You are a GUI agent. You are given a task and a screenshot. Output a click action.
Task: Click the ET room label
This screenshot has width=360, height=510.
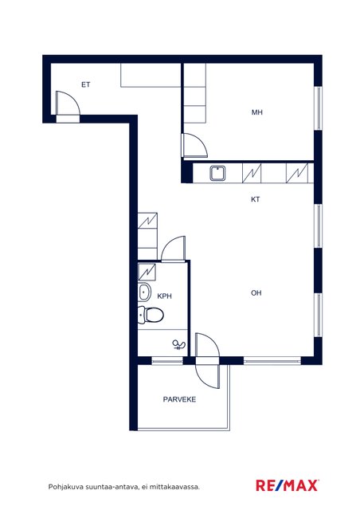85,84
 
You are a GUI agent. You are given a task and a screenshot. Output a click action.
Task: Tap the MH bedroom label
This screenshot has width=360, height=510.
257,112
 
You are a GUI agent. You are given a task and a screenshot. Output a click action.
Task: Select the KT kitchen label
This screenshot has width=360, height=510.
256,199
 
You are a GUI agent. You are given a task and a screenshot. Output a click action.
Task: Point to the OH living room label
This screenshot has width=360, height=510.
256,292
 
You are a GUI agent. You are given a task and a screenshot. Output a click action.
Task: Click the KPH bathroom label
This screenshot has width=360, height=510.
164,296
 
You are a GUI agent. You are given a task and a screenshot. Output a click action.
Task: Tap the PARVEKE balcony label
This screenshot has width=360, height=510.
179,399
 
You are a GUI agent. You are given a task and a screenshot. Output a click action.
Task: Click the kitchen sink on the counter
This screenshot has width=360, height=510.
217,173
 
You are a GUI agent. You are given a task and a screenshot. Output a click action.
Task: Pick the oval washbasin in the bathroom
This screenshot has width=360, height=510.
144,292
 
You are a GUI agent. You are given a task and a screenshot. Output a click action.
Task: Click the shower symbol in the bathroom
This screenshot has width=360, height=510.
178,345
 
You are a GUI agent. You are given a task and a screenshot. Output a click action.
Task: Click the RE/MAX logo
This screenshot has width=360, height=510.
288,485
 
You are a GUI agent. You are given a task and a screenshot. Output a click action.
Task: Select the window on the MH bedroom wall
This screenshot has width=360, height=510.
319,108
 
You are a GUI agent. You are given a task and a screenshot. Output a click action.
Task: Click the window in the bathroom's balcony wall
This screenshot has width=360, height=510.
167,360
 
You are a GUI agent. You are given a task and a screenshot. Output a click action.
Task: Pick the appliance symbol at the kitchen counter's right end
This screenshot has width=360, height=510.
297,173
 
